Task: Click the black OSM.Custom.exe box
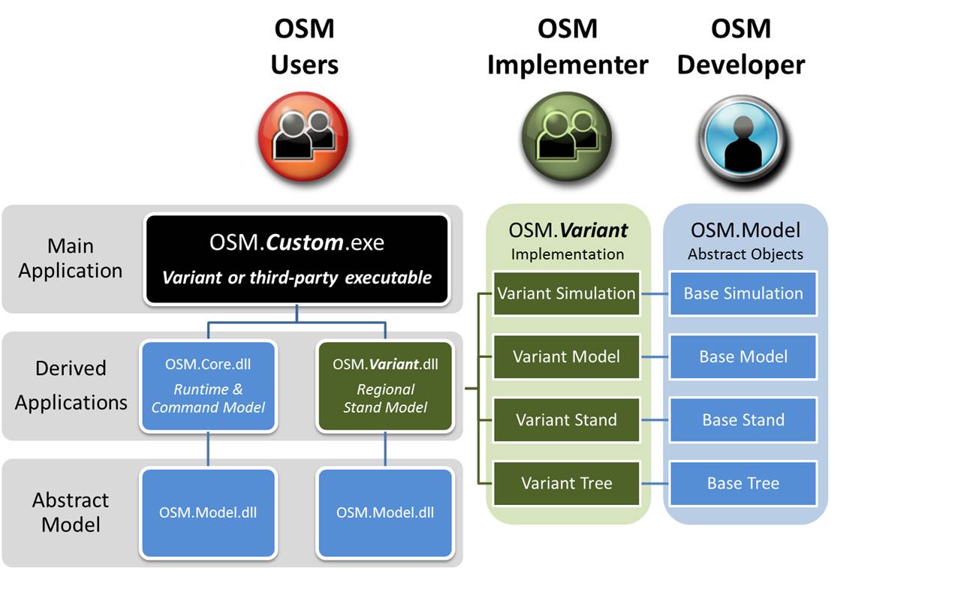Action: pos(297,259)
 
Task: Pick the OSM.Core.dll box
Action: pos(208,386)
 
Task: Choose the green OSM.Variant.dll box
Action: pos(385,386)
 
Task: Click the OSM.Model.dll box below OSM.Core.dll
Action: pos(208,512)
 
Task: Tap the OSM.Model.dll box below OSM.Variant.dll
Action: pos(385,512)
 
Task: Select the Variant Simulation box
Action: pos(566,293)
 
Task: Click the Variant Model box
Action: pos(566,356)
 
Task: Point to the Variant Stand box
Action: pos(566,419)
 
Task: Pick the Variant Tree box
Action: pos(566,483)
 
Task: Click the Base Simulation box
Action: pos(743,293)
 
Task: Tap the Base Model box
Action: pos(743,356)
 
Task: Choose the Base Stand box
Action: pos(743,419)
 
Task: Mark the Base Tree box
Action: pos(743,483)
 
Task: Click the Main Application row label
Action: pos(71,258)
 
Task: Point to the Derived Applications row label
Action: pos(71,385)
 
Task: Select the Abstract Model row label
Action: pos(71,512)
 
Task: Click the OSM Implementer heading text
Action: pos(567,47)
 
